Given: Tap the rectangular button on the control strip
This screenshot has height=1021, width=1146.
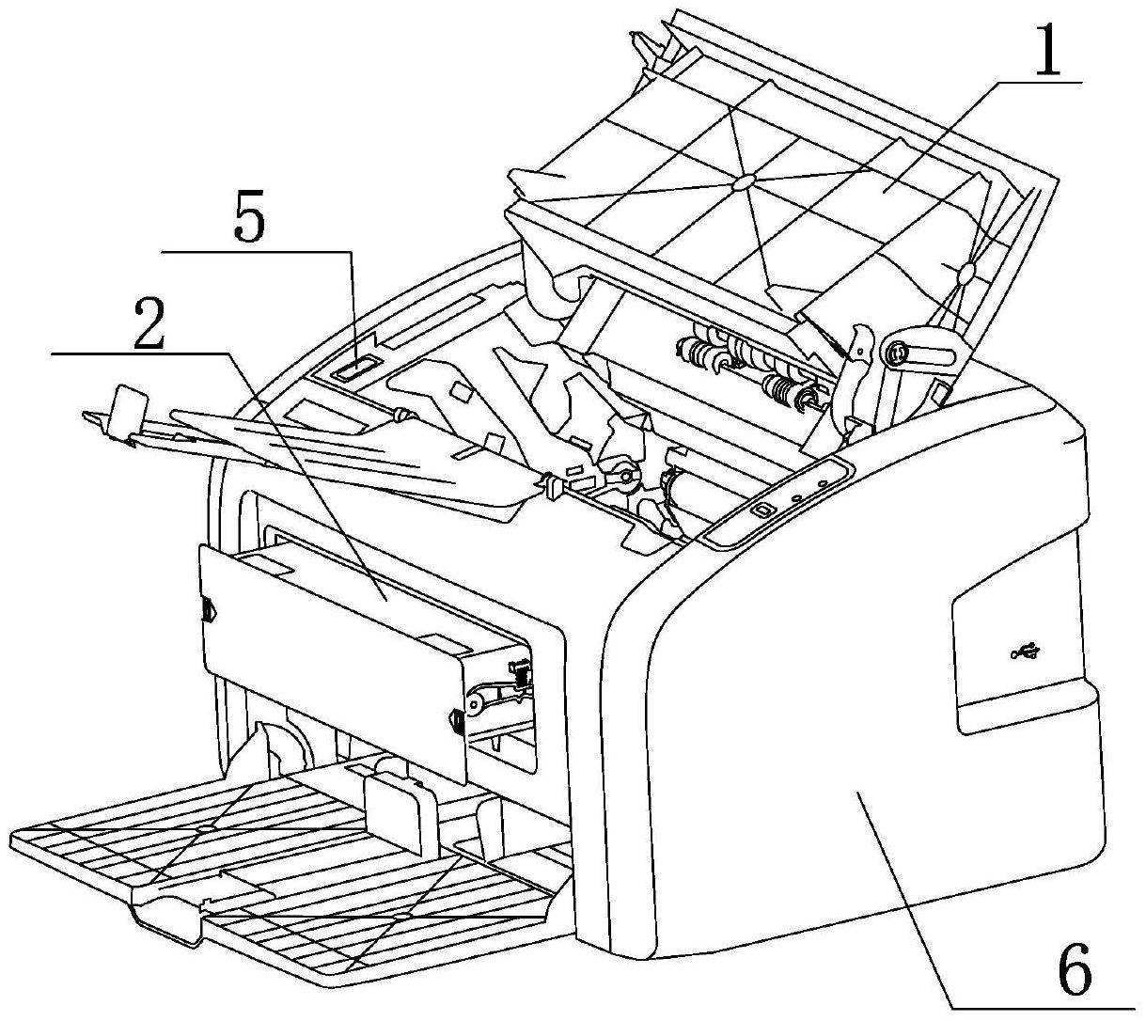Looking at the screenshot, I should [x=761, y=509].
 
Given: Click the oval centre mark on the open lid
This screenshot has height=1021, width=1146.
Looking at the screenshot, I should [x=742, y=180].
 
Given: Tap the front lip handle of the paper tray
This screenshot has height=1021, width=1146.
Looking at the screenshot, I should [x=169, y=917].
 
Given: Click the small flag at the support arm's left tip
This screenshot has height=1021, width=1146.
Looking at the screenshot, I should [x=127, y=407].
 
